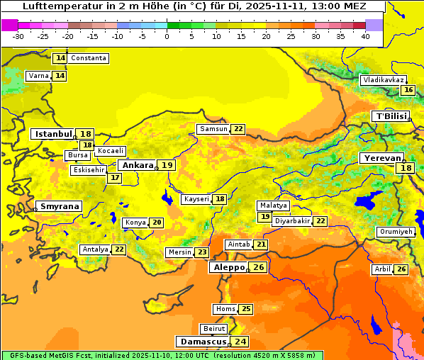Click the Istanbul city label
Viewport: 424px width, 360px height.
pos(54,133)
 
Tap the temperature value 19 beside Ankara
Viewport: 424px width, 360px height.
pos(166,165)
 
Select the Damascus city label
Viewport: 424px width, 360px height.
pos(203,342)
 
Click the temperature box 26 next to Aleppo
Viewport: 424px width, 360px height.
pos(258,267)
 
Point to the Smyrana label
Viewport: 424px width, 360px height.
pos(60,206)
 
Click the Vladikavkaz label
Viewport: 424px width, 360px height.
pos(384,80)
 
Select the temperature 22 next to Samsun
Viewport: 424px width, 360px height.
pos(238,129)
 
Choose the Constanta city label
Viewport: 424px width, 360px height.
pos(89,58)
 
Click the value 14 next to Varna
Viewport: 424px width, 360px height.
pos(60,76)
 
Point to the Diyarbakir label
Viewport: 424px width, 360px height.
pos(292,221)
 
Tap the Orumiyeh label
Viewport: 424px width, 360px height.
pos(394,232)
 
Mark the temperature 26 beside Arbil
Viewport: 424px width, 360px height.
pos(401,269)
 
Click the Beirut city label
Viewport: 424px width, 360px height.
pos(214,329)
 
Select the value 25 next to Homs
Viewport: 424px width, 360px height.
pos(246,309)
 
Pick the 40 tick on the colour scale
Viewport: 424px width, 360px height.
pos(365,36)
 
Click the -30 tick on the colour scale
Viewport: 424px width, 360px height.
pos(18,36)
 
